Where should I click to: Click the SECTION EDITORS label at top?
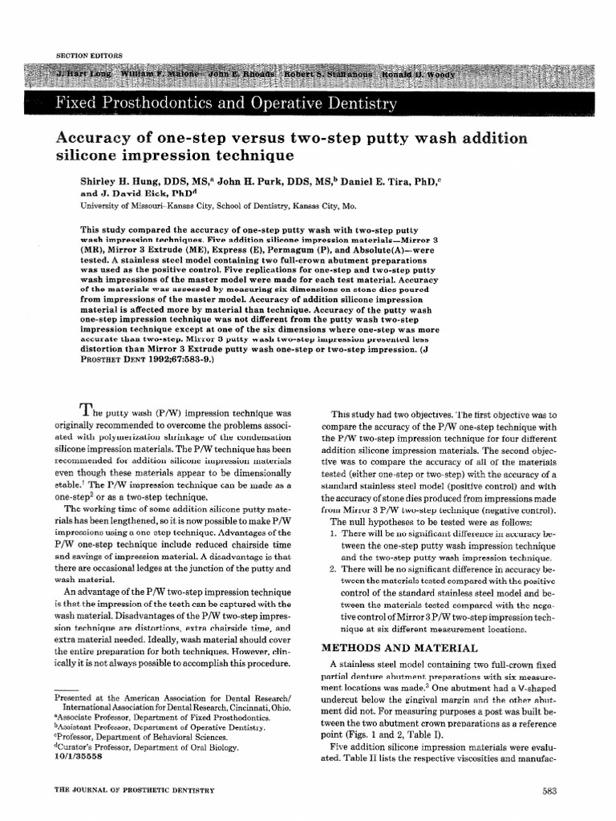(88, 55)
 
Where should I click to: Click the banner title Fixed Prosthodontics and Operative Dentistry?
(225, 103)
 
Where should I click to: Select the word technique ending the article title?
(249, 154)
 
